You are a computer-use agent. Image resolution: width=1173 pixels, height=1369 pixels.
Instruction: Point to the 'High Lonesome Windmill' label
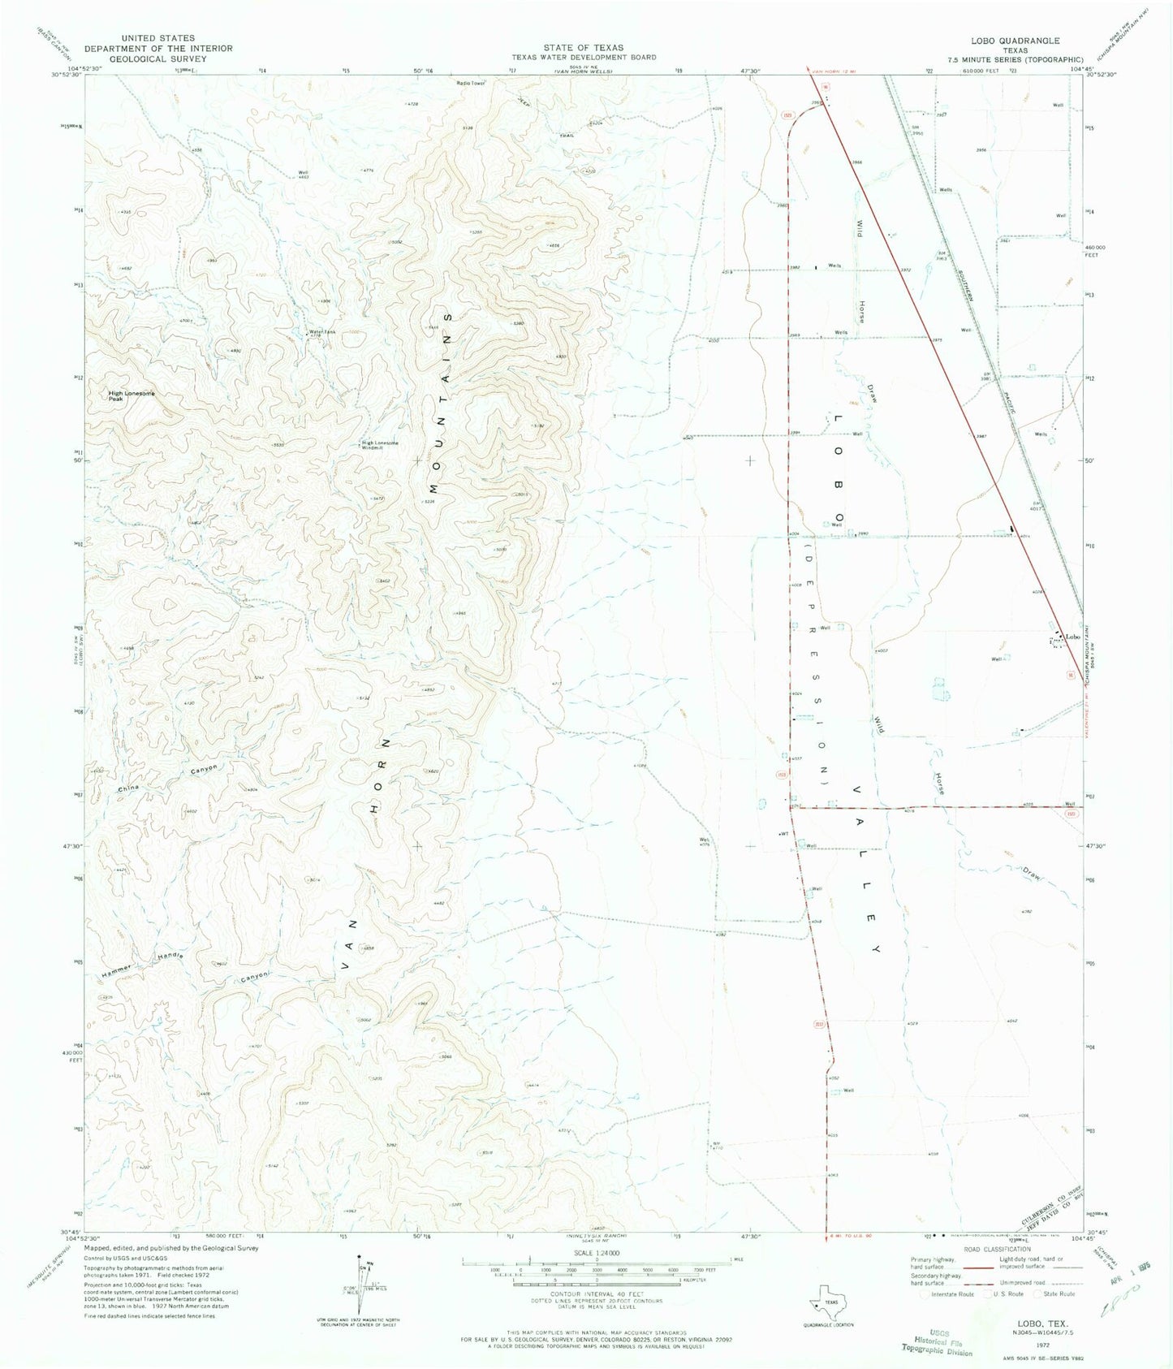380,444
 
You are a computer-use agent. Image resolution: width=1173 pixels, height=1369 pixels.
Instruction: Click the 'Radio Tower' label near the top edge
470,83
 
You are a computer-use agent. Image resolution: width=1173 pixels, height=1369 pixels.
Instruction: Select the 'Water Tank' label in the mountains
320,331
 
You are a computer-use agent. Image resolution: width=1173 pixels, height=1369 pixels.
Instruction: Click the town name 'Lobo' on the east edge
1074,636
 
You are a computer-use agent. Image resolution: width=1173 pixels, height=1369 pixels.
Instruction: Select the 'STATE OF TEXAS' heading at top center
578,48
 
